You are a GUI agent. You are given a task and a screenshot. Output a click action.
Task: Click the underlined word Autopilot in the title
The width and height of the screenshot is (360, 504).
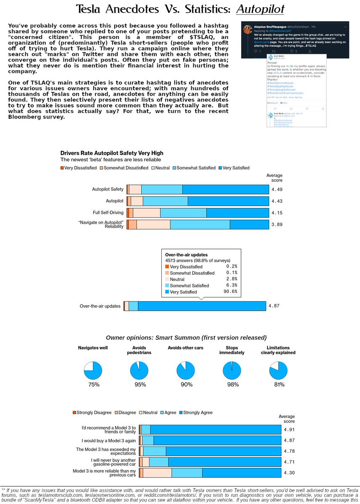pos(260,9)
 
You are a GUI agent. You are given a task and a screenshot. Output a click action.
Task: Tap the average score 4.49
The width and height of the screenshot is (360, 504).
pos(277,189)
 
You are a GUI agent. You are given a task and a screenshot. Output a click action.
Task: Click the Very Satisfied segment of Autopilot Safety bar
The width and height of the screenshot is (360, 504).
pos(226,189)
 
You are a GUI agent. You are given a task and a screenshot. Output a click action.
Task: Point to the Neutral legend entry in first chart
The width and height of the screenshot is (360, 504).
pos(160,168)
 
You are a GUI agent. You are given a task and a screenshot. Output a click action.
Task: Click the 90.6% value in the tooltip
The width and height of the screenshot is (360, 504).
pos(231,291)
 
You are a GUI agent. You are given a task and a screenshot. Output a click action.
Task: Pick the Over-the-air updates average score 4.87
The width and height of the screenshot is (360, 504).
pos(274,306)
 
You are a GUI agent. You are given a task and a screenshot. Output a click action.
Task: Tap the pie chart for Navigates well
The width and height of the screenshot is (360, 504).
pos(93,370)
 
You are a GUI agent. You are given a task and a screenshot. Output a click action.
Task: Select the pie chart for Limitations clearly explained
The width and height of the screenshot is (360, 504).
pos(278,370)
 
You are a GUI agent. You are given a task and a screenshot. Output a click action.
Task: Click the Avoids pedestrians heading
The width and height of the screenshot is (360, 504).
pos(139,350)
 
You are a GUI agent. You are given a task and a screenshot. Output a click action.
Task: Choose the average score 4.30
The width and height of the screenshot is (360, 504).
pos(289,473)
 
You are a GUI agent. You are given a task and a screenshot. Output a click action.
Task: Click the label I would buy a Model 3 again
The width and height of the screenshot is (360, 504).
pos(108,440)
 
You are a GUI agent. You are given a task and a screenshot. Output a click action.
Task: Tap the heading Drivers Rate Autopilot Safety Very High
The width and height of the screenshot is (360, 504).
pos(112,153)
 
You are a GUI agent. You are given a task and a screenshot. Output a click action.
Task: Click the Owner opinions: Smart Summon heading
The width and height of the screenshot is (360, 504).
pos(186,338)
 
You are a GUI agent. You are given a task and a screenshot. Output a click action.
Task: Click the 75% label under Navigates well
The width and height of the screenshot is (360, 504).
pos(94,385)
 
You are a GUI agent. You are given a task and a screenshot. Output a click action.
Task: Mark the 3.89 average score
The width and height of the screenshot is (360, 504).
pos(277,224)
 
